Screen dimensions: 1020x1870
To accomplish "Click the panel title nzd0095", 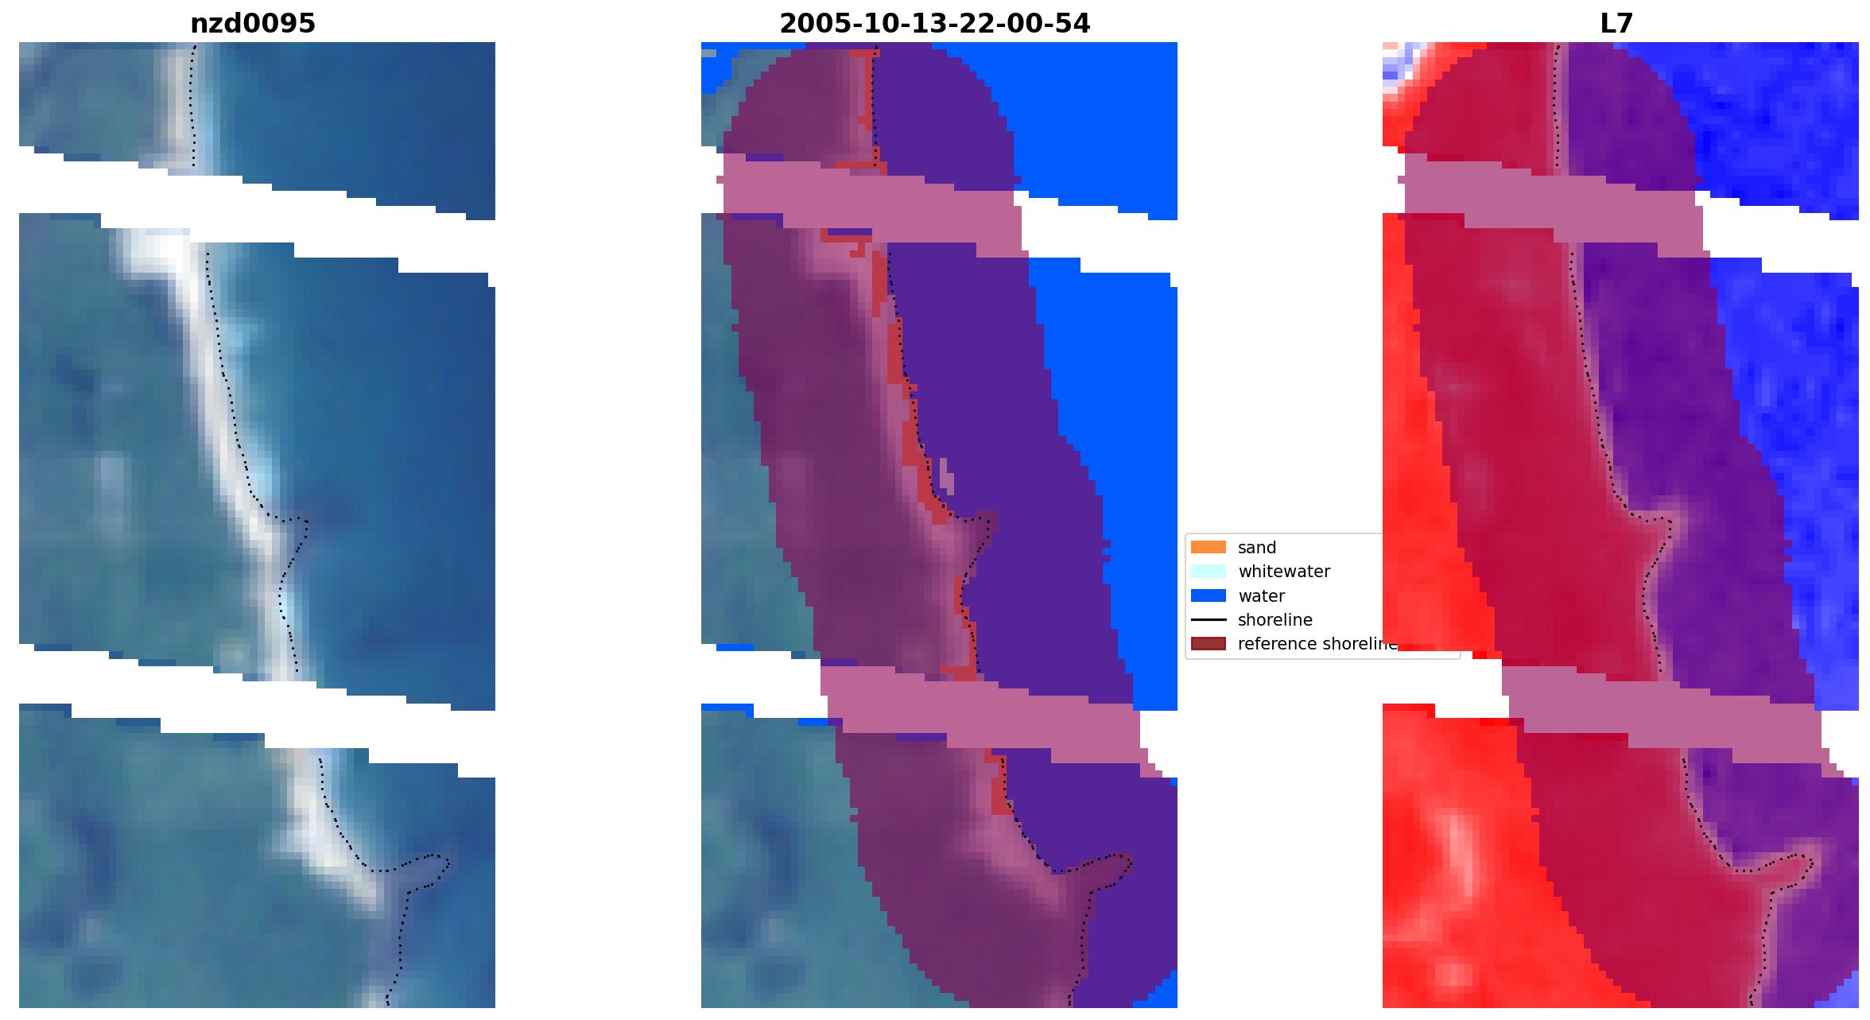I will tap(253, 24).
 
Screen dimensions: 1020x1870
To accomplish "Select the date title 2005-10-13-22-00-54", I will tap(934, 24).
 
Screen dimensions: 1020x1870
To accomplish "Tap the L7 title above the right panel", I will tap(1616, 24).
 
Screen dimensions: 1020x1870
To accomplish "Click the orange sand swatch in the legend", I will tap(1208, 547).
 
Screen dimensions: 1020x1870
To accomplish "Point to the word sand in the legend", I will tap(1256, 548).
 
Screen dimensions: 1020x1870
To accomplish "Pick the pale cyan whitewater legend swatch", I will tap(1208, 571).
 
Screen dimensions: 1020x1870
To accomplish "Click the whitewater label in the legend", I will tap(1283, 572).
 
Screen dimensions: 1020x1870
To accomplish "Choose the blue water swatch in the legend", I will tap(1208, 595).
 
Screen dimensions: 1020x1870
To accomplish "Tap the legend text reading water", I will tap(1261, 596).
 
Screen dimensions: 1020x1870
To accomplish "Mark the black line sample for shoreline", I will tap(1208, 619).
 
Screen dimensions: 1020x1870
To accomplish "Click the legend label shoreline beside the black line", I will tap(1274, 620).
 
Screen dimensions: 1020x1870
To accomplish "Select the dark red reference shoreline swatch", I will tap(1208, 643).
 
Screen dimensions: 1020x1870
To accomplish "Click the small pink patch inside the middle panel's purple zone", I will tap(946, 475).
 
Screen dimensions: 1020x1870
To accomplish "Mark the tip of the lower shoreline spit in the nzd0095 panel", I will tap(446, 862).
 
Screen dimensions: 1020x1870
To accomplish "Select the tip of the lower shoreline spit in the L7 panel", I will tap(1810, 862).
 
